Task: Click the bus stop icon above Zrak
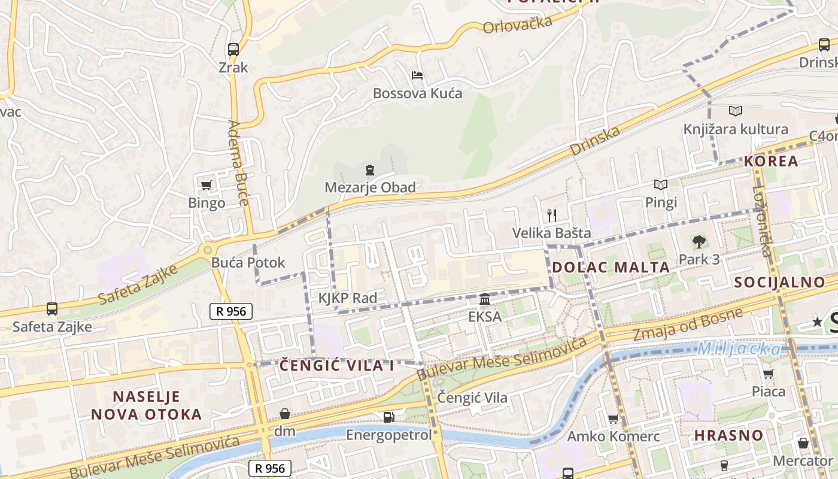(233, 50)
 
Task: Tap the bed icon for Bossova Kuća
(417, 75)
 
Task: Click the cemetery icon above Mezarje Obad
(370, 170)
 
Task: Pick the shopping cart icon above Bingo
(207, 186)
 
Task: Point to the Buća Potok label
(248, 262)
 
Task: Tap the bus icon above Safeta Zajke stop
(52, 309)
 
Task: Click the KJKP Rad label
(348, 298)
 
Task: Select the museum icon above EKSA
(485, 299)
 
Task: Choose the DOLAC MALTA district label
(611, 268)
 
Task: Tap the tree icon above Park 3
(699, 242)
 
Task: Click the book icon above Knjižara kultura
(736, 111)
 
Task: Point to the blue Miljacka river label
(740, 348)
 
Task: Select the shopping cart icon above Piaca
(769, 374)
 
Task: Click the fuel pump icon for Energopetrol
(389, 417)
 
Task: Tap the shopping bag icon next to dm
(285, 414)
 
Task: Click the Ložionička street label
(763, 221)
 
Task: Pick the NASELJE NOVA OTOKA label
(147, 405)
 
